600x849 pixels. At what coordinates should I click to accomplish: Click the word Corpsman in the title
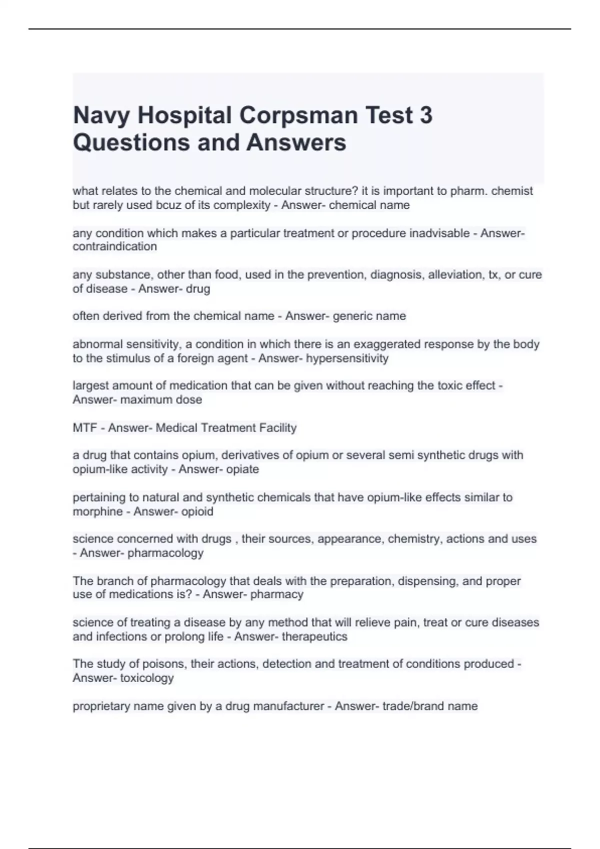click(x=298, y=115)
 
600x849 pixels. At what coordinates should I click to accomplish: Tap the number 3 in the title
click(x=426, y=115)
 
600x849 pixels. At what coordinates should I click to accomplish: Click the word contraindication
click(x=114, y=247)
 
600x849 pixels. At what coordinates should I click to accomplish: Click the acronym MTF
click(x=84, y=428)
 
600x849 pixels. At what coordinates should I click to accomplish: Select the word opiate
click(x=242, y=469)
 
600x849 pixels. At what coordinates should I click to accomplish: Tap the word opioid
click(x=197, y=511)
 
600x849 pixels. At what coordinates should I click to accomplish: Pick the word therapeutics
click(x=314, y=637)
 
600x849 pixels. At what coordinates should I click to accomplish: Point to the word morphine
click(x=97, y=511)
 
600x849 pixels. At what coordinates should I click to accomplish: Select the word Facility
click(x=277, y=428)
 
